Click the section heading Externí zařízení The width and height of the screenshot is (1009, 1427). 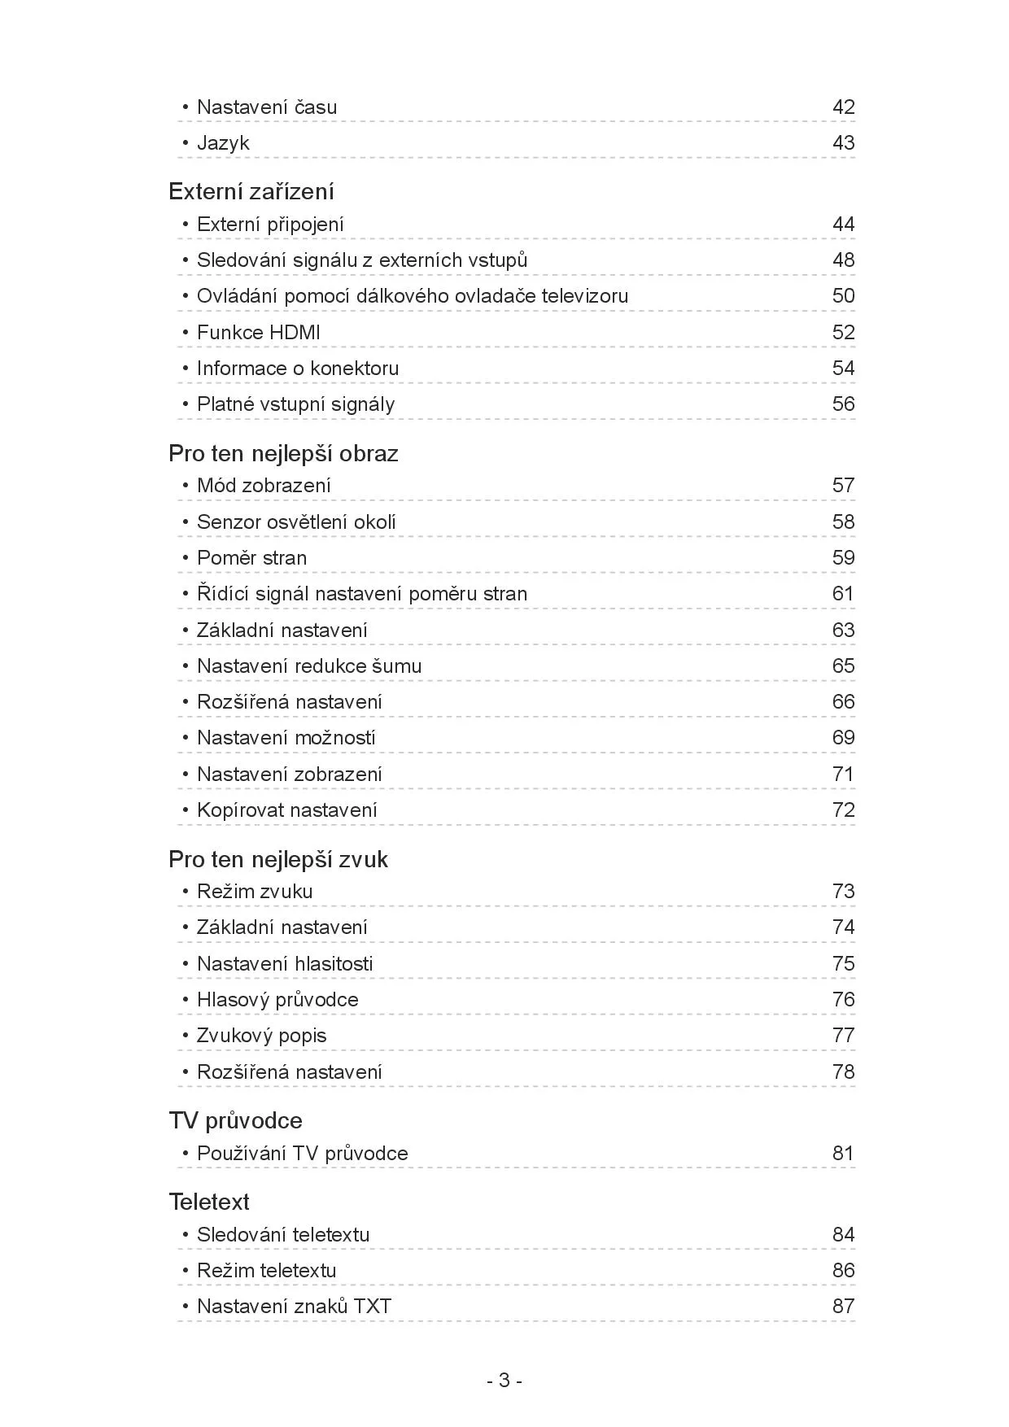251,191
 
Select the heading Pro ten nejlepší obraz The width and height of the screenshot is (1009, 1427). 283,453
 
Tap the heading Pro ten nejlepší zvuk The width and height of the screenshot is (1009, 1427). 278,859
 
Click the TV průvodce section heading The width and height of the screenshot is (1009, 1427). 235,1120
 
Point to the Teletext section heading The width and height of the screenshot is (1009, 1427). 209,1202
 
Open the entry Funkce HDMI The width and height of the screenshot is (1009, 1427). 259,332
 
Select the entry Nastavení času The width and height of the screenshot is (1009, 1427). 267,107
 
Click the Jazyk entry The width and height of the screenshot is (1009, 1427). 223,143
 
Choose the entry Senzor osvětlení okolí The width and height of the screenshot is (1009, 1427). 296,521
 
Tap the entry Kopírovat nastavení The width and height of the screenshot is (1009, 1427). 287,810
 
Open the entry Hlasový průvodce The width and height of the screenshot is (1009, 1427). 277,999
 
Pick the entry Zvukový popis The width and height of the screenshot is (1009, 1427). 261,1036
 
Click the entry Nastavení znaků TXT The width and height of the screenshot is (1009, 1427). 294,1306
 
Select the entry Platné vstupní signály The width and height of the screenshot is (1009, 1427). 295,404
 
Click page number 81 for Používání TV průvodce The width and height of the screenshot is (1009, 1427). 843,1153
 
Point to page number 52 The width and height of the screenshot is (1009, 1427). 843,332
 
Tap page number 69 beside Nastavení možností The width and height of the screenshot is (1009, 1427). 843,738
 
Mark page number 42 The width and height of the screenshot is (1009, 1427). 843,107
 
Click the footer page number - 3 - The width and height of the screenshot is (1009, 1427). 504,1380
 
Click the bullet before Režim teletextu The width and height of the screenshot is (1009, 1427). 186,1270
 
